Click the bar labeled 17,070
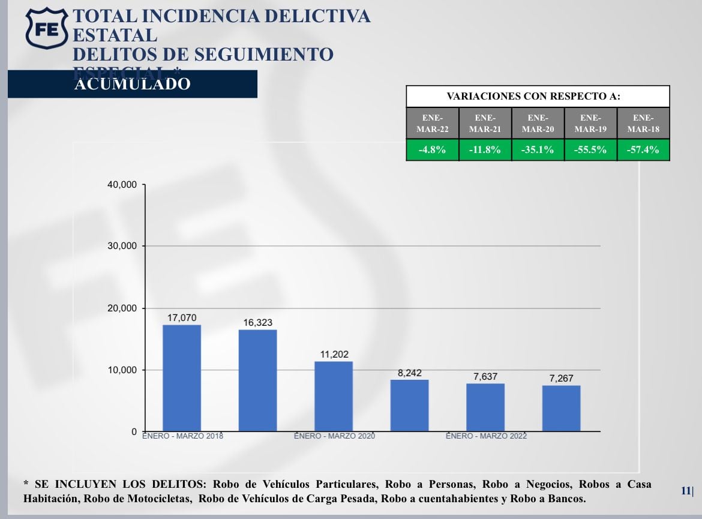[x=182, y=378]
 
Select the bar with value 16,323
[x=257, y=380]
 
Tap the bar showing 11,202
[x=334, y=396]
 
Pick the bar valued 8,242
[x=409, y=405]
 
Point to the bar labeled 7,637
[x=485, y=407]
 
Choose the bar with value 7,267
[x=561, y=408]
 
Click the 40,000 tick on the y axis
[x=122, y=184]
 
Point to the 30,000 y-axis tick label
[x=122, y=246]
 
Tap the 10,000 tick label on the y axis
[x=122, y=370]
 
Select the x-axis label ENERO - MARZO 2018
[x=182, y=436]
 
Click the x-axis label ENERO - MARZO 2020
[x=334, y=436]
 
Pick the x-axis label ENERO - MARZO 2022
[x=486, y=436]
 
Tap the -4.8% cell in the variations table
[x=432, y=150]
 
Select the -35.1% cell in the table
[x=538, y=150]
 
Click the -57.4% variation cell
[x=643, y=150]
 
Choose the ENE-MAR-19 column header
[x=590, y=123]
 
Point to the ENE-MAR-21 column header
[x=485, y=123]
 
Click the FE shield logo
[x=46, y=28]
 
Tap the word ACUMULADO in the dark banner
[x=132, y=84]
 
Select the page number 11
[x=686, y=490]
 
